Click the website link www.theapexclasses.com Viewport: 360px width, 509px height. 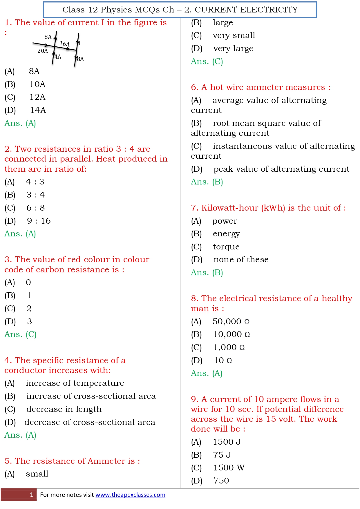tap(130, 494)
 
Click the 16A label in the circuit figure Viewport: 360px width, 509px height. tap(64, 44)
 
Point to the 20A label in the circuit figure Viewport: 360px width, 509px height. tap(43, 51)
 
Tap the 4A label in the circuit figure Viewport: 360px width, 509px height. tap(58, 57)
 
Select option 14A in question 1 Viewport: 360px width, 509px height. tap(38, 110)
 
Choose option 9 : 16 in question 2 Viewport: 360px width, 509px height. tap(39, 221)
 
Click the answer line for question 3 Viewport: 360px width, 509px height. tap(20, 334)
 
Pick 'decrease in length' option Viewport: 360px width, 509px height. tap(64, 409)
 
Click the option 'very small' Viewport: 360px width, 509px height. tap(234, 35)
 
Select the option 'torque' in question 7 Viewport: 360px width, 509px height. tap(226, 247)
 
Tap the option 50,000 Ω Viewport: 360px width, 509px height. tap(231, 321)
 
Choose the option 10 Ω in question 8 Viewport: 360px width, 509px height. tap(223, 360)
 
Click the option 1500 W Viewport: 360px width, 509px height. tap(229, 468)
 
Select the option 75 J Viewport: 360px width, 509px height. tap(222, 455)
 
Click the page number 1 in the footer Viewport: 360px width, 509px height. tap(31, 494)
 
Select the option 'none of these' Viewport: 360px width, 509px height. tap(241, 259)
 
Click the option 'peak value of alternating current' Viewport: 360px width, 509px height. tap(281, 169)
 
